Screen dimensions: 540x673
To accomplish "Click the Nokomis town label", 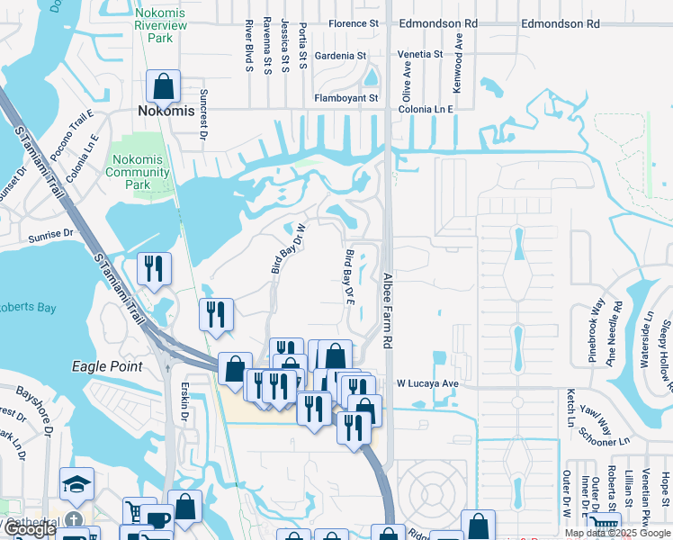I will tap(166, 111).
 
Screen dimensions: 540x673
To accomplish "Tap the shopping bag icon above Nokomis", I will tap(164, 86).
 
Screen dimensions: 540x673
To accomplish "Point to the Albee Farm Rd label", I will tap(389, 310).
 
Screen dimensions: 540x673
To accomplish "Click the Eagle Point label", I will tap(108, 366).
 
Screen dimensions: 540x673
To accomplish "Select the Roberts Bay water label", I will tap(27, 308).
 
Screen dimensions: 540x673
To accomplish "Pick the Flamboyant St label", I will tap(346, 98).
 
